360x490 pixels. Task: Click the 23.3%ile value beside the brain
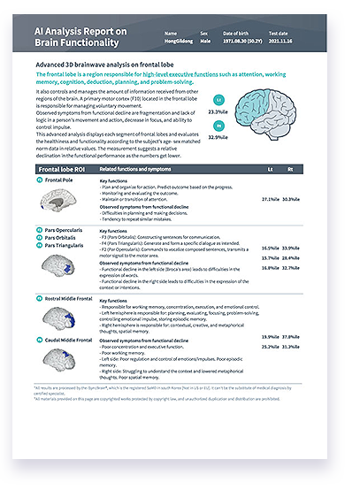tap(218, 112)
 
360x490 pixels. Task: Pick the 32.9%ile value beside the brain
tap(218, 138)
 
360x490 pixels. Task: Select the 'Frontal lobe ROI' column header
tap(61, 168)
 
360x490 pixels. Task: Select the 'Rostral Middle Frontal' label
tap(71, 302)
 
